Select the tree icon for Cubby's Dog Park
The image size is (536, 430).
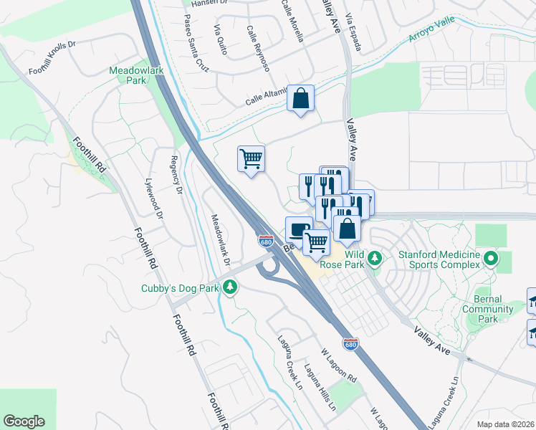[x=230, y=287]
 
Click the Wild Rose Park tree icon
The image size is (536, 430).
[x=373, y=257]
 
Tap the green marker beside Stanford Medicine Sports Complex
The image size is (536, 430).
[x=491, y=257]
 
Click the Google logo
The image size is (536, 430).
[x=24, y=421]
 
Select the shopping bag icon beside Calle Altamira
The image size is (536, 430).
[x=301, y=98]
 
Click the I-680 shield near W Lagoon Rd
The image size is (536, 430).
[x=350, y=343]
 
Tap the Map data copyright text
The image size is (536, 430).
[x=505, y=424]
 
